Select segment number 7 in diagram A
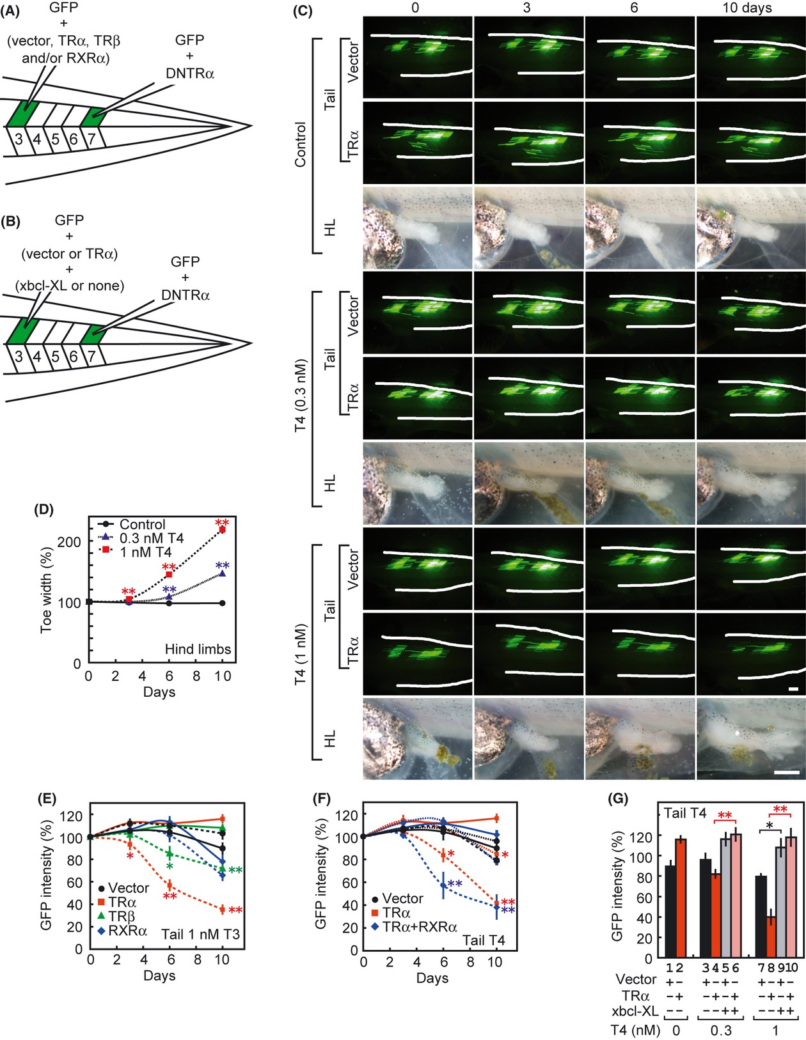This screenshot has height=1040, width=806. pyautogui.click(x=91, y=138)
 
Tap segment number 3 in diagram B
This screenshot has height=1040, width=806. pyautogui.click(x=19, y=355)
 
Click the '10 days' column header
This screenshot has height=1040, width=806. pyautogui.click(x=747, y=8)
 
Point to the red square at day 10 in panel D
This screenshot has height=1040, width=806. pyautogui.click(x=222, y=530)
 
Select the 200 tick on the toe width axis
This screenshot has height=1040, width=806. pyautogui.click(x=69, y=542)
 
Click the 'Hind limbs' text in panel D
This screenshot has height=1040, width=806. pyautogui.click(x=198, y=649)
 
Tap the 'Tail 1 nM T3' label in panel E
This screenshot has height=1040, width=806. pyautogui.click(x=200, y=934)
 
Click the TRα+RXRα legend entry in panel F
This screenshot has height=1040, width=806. pyautogui.click(x=419, y=926)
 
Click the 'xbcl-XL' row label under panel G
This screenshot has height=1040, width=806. pyautogui.click(x=635, y=1011)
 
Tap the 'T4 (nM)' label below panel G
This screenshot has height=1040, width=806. pyautogui.click(x=633, y=1030)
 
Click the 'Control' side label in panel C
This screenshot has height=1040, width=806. pyautogui.click(x=300, y=144)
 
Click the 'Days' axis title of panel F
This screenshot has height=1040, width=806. pyautogui.click(x=432, y=978)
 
